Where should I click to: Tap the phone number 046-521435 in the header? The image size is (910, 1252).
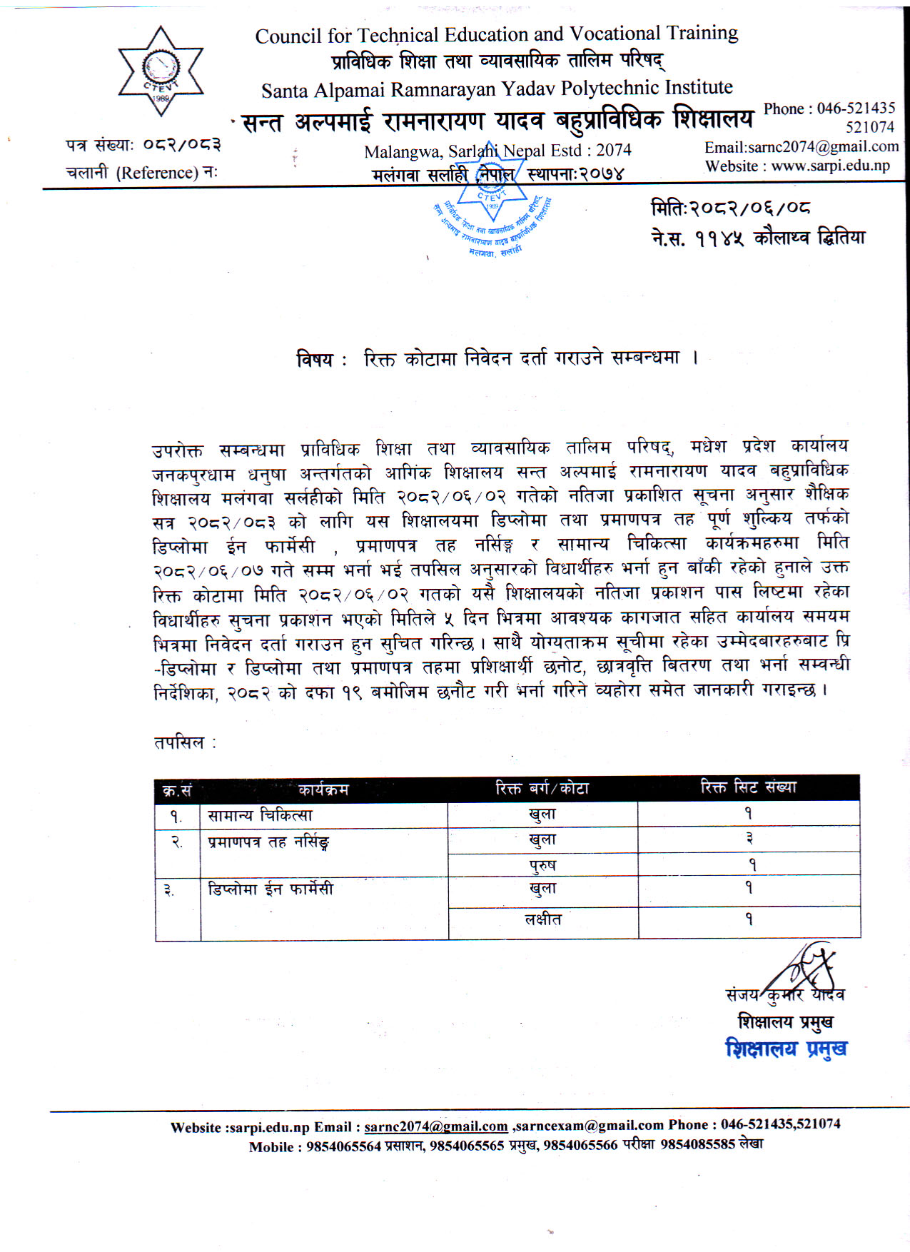(856, 108)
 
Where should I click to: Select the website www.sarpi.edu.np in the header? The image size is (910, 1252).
(830, 166)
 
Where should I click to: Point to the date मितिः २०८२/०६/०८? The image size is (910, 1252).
(730, 208)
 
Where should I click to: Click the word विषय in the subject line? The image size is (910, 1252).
(315, 359)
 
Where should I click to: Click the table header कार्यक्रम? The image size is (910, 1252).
(323, 789)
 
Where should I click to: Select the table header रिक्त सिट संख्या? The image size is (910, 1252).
(748, 787)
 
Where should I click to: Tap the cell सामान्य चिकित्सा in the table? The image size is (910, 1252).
(260, 815)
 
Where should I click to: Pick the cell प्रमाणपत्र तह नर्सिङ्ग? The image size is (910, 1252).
(268, 842)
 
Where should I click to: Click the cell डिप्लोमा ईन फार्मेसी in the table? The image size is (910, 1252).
(271, 889)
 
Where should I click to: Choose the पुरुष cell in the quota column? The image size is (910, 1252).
(542, 865)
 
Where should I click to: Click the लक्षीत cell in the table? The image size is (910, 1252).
(542, 919)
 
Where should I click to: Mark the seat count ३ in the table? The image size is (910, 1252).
(749, 839)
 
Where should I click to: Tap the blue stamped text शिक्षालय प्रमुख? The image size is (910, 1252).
(786, 1049)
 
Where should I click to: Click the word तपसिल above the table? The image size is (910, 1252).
(179, 742)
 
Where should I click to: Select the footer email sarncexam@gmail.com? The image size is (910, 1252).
(590, 1125)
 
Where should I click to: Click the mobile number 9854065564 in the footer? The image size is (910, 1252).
(344, 1146)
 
